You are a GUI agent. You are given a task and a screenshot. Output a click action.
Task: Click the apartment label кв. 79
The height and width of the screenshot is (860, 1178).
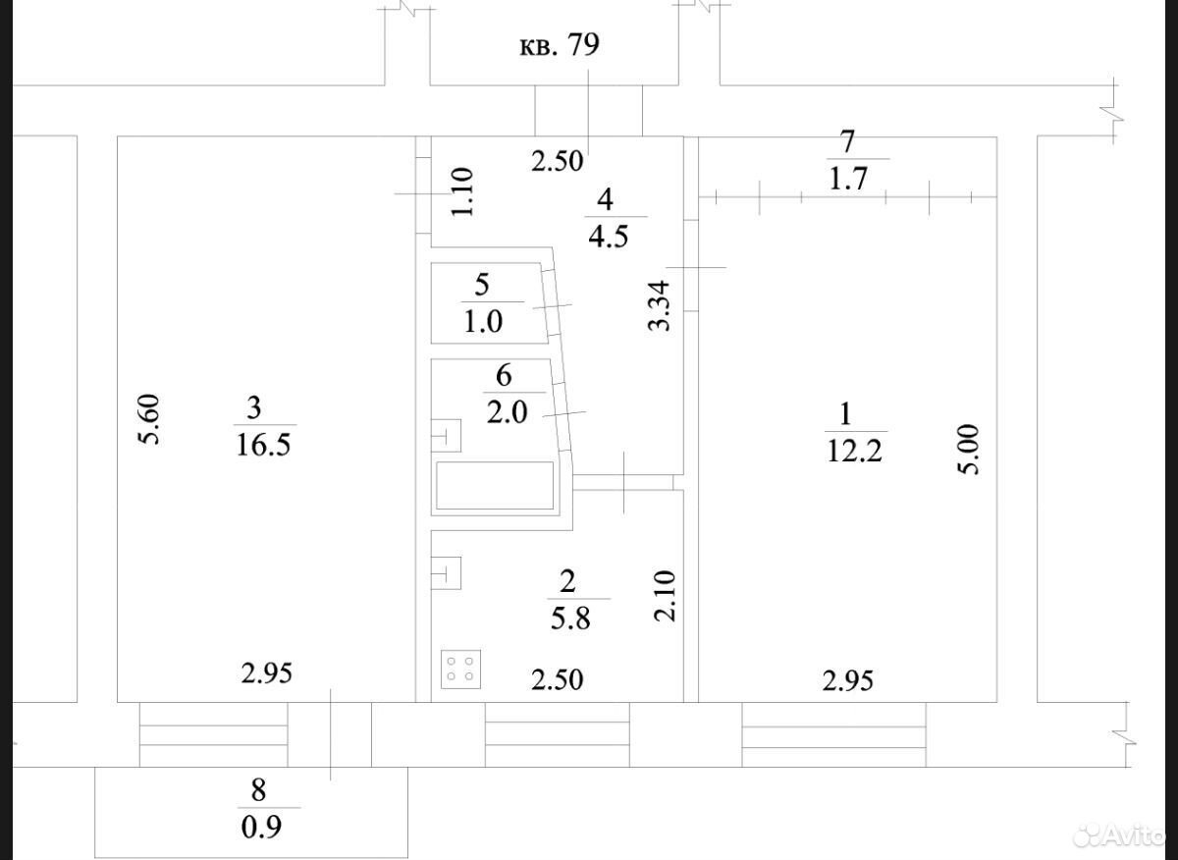point(560,45)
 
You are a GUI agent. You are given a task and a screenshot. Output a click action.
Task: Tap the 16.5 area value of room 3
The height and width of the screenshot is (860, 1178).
point(263,445)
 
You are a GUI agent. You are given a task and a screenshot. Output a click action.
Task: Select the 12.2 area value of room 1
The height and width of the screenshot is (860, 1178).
point(854,451)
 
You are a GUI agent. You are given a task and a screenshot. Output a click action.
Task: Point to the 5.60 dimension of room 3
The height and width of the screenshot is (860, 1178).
point(149,419)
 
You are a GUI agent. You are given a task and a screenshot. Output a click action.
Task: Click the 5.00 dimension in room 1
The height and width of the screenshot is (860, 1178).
point(969,450)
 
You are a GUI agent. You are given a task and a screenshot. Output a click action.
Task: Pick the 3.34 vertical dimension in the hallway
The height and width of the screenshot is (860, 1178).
point(659,305)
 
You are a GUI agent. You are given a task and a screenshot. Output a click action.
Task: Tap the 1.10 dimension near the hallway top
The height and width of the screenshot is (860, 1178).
point(462,191)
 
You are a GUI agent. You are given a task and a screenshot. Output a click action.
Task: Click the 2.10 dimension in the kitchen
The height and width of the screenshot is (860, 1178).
point(664,596)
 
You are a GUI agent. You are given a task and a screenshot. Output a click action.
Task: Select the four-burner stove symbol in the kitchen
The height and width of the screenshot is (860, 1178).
point(460,670)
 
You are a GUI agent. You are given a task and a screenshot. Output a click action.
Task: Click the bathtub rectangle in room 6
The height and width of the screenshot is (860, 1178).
point(495,486)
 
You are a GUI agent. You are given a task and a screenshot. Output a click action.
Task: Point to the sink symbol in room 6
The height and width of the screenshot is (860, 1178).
point(446,436)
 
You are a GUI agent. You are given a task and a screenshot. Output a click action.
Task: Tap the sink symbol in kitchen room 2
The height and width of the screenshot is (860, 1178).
point(446,572)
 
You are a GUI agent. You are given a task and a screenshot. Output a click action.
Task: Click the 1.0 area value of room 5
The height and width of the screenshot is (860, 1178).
point(483,321)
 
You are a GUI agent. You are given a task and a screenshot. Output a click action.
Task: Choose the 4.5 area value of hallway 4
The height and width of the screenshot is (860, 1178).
point(609,237)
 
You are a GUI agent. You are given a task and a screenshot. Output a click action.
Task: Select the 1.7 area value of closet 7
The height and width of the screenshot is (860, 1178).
point(848,179)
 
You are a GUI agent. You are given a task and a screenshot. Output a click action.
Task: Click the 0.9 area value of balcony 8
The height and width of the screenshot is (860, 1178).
point(261,827)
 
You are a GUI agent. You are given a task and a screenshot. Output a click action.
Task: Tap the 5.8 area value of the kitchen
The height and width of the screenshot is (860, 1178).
point(570,619)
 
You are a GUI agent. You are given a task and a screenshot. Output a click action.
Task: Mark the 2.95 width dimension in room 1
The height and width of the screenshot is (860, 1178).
point(848,680)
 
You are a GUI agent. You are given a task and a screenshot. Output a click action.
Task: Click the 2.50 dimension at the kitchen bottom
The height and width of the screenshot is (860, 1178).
point(557,679)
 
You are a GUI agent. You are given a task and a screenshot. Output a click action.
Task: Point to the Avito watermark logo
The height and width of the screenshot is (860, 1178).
point(1119,836)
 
